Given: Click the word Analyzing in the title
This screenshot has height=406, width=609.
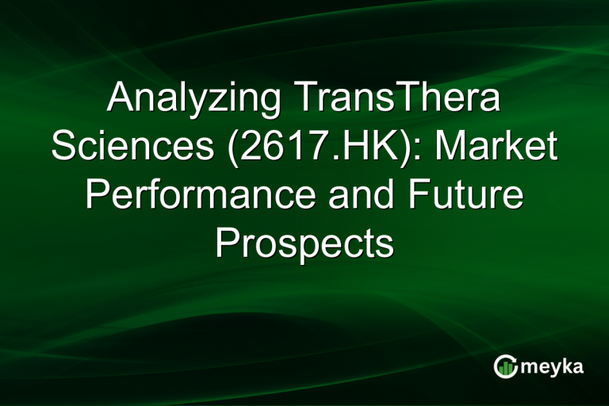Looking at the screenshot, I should (x=194, y=101).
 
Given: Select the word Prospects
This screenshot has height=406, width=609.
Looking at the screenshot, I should (x=304, y=244).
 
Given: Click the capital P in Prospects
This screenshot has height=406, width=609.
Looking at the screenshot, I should (x=227, y=243).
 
